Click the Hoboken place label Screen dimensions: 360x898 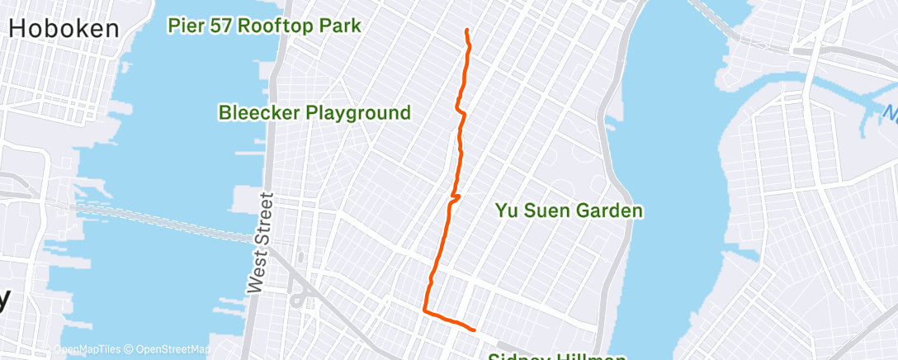(64, 29)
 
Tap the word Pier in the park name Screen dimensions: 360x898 (186, 26)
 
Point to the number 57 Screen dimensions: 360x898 (222, 26)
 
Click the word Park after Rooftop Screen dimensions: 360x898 (341, 26)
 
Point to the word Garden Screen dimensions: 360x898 (607, 211)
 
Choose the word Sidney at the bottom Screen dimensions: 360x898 (516, 357)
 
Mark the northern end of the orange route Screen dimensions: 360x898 (467, 31)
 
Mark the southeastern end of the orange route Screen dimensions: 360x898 (475, 329)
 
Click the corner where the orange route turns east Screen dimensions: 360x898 (424, 310)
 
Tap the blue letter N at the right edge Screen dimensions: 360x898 (890, 111)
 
